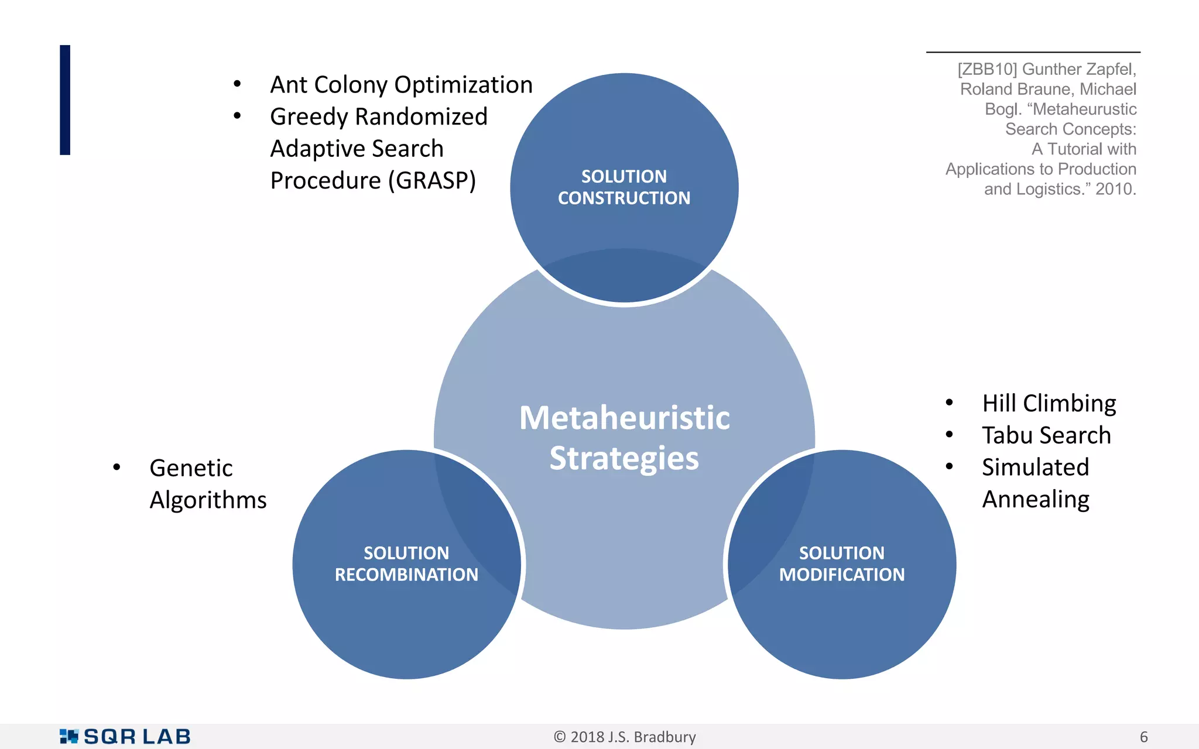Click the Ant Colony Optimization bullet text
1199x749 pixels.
(x=401, y=85)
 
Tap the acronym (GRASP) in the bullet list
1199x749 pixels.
(x=432, y=181)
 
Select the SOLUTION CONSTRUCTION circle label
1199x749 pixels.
(x=624, y=187)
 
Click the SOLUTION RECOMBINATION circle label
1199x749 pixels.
(x=406, y=564)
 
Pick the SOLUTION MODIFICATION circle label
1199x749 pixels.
(x=842, y=564)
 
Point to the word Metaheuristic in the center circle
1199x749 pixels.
(x=624, y=418)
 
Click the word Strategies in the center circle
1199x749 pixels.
(x=624, y=458)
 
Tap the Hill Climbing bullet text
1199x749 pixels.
(x=1049, y=403)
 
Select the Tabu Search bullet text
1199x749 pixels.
(x=1046, y=435)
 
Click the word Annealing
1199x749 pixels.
(x=1036, y=500)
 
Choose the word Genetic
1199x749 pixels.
(x=191, y=468)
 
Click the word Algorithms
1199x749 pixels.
(x=208, y=500)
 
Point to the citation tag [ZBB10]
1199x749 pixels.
(x=987, y=69)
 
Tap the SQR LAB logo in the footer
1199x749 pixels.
(x=125, y=736)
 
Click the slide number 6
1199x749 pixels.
(x=1143, y=737)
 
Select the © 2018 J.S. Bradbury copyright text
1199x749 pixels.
(x=624, y=737)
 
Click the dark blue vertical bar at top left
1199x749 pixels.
(x=65, y=100)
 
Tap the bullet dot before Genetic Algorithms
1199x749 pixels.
(x=117, y=467)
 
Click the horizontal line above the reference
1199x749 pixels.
(x=1033, y=52)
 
